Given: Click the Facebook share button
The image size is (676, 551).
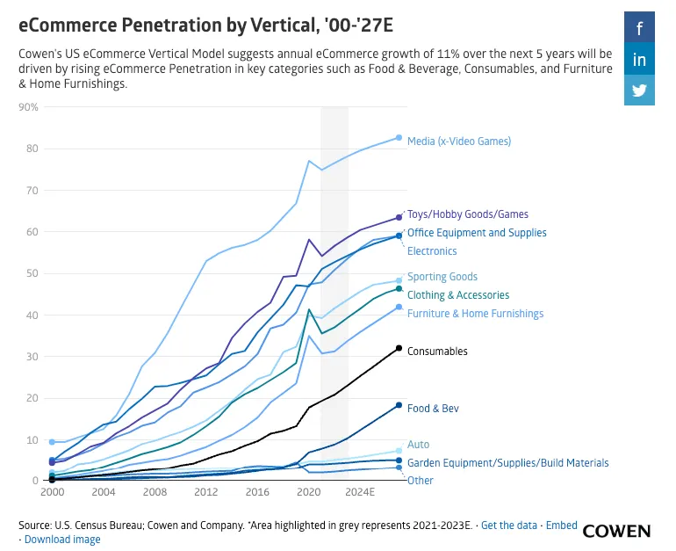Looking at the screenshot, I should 639,29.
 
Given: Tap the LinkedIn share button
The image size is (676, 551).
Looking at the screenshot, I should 639,60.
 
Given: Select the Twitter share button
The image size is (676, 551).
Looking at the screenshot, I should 639,91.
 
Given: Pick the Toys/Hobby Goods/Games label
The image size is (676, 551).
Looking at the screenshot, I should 467,214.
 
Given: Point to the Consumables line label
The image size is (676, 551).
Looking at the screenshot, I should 437,352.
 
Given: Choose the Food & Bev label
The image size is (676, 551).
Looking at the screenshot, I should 433,409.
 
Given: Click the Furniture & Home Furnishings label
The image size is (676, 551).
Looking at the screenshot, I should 475,314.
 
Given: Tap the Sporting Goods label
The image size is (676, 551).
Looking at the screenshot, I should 442,277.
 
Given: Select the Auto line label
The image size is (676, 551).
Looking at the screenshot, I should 419,446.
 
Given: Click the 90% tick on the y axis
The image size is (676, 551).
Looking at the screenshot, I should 29,107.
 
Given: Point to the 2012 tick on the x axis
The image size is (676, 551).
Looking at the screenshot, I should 206,492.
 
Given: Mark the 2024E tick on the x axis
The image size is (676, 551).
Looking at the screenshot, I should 360,492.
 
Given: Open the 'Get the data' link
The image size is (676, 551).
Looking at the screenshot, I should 509,526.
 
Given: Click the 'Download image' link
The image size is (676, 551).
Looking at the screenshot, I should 62,540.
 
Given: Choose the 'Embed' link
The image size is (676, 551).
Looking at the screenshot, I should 562,526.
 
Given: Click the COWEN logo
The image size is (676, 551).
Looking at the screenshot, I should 616,531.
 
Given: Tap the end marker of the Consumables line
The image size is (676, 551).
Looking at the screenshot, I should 399,349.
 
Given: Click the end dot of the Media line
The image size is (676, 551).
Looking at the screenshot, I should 399,138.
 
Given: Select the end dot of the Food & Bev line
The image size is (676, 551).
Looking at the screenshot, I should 399,405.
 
